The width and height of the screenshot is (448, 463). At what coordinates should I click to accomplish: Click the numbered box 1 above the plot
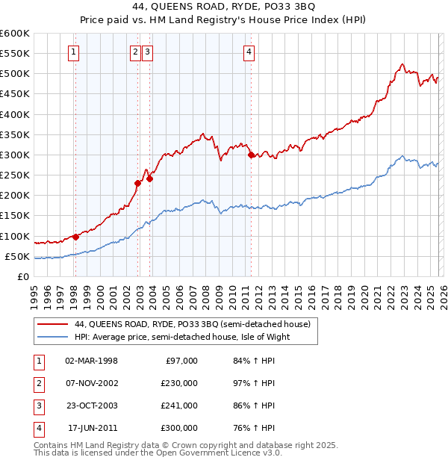click(75, 52)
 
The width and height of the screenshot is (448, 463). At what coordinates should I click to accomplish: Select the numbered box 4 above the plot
click(249, 52)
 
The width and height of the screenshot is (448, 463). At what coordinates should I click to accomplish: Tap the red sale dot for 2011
click(251, 155)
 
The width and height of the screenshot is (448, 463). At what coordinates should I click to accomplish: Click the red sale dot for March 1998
click(75, 237)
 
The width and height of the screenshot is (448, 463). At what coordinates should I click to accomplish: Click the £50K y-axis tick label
click(17, 256)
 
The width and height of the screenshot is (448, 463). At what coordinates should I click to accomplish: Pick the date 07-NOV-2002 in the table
click(92, 383)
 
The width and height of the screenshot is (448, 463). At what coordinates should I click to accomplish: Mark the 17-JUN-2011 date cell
click(92, 428)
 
